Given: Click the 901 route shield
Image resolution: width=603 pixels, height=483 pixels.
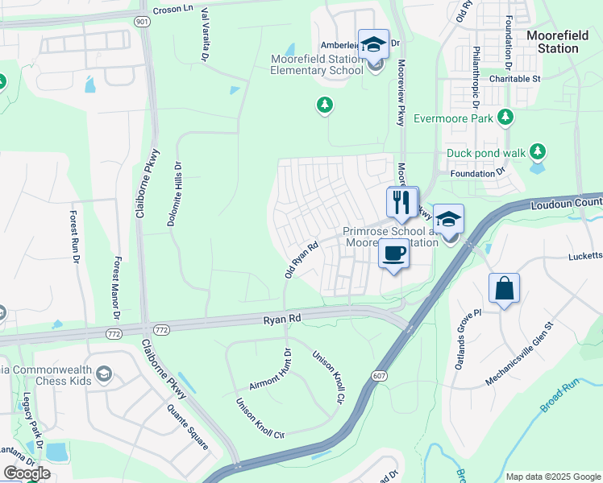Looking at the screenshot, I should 142,23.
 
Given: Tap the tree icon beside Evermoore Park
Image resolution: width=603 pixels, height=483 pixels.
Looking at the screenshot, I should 506,118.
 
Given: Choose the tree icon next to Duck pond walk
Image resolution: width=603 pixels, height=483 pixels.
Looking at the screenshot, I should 538,151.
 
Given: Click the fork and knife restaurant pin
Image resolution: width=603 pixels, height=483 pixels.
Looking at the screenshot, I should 402,201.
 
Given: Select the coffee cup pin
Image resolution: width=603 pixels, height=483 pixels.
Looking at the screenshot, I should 393,254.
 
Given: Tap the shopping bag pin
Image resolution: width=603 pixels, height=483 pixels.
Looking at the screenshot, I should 504,289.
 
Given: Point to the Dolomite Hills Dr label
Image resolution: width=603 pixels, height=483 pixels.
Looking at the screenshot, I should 174,198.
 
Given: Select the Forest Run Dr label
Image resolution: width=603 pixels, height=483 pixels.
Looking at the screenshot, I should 75,236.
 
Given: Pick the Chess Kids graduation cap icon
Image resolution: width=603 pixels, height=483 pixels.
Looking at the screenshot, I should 103,374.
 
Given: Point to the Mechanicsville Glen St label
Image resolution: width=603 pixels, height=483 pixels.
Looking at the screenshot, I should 521,354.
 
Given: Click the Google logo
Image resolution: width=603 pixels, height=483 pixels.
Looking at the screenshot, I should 27,473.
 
